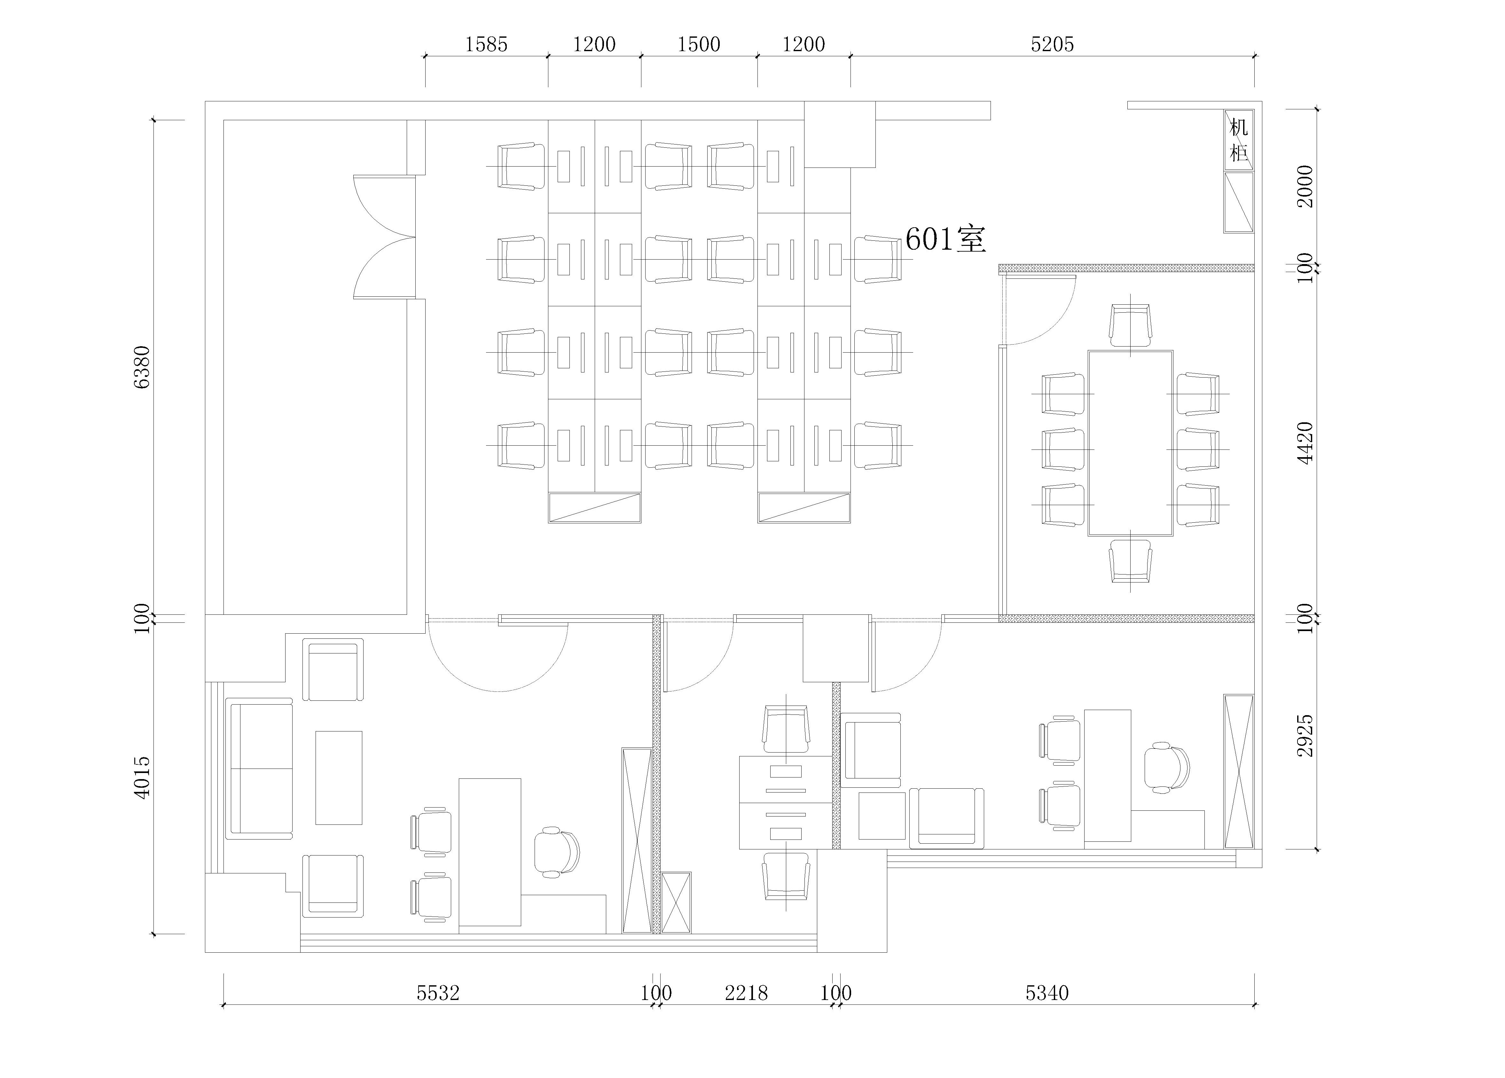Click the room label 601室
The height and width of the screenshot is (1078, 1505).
pyautogui.click(x=945, y=239)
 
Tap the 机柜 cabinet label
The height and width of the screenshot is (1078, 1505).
pyautogui.click(x=1238, y=140)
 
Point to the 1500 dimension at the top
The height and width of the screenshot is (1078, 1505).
pyautogui.click(x=699, y=44)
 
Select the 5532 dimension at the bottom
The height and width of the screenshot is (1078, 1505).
pyautogui.click(x=438, y=993)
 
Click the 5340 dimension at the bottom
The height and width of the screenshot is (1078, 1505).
pyautogui.click(x=1047, y=993)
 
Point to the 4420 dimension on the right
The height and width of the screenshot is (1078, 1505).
pyautogui.click(x=1305, y=442)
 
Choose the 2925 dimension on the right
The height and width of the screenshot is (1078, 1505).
pyautogui.click(x=1305, y=735)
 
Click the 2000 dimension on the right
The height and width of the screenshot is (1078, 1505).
pyautogui.click(x=1305, y=186)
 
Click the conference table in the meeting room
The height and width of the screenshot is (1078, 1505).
pyautogui.click(x=1130, y=443)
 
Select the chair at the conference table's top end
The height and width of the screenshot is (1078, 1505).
pyautogui.click(x=1130, y=325)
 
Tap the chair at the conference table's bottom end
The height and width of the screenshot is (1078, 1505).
pyautogui.click(x=1130, y=561)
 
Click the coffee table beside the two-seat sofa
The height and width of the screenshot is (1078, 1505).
pyautogui.click(x=338, y=777)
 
